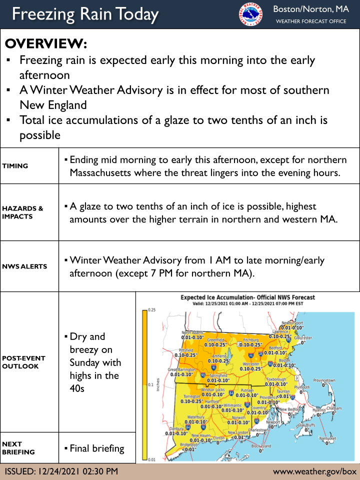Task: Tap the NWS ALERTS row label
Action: pos(24,266)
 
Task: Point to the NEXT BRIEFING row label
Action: pos(18,448)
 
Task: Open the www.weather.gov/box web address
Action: pos(314,471)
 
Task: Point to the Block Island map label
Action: pos(260,445)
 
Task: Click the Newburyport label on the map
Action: pos(293,323)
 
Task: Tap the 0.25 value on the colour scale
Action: pos(150,310)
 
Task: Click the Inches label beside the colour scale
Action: pos(158,384)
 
